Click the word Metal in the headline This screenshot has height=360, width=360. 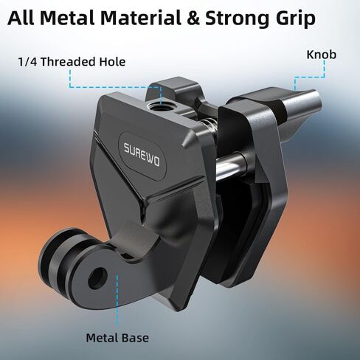(67, 18)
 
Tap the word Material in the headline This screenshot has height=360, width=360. (141, 18)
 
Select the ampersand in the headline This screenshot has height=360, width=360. (193, 18)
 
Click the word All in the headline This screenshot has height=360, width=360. (21, 18)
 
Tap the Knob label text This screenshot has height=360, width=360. (321, 55)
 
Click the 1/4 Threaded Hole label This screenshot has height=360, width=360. (72, 61)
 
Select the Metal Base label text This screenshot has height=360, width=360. (117, 338)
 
